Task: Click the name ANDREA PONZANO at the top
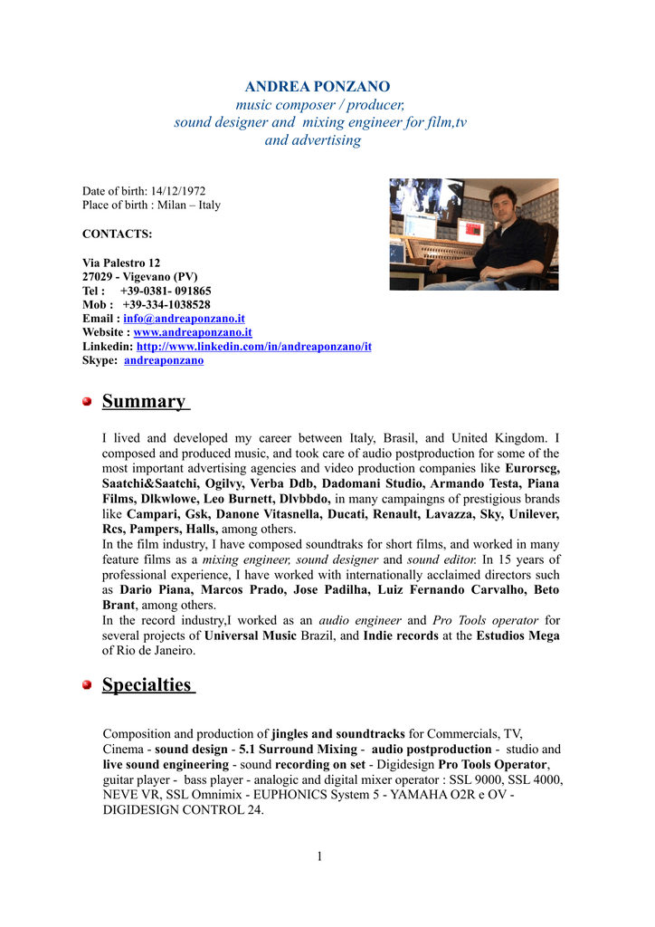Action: [x=318, y=87]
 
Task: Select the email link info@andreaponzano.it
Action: [x=184, y=319]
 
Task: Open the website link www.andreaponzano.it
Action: [x=193, y=332]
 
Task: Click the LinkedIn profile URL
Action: [x=253, y=347]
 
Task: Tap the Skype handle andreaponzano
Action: [x=164, y=360]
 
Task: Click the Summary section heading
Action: [x=144, y=401]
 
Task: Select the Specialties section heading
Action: [x=147, y=684]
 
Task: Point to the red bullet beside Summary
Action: [x=88, y=401]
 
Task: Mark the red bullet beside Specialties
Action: [x=88, y=685]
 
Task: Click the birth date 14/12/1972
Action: [x=178, y=191]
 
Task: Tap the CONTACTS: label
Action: [x=118, y=234]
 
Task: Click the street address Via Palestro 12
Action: [x=121, y=263]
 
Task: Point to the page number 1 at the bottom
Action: [x=319, y=856]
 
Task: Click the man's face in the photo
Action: [x=500, y=205]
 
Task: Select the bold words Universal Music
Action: [x=250, y=636]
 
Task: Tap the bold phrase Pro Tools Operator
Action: [x=494, y=764]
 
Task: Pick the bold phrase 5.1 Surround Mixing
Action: [x=298, y=750]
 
